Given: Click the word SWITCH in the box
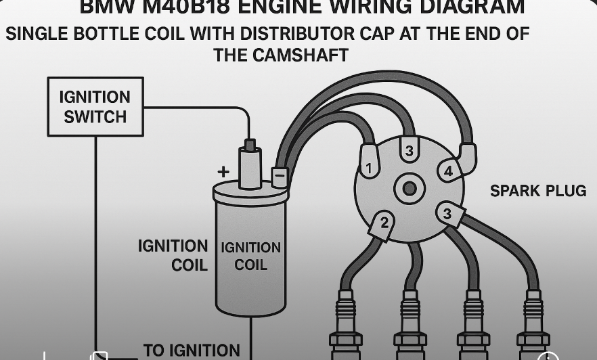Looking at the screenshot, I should [x=95, y=116].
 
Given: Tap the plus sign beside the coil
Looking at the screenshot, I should [x=223, y=173].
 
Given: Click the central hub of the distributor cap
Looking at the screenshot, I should [x=410, y=188].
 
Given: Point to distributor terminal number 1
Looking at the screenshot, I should [x=369, y=167].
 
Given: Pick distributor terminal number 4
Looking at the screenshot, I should [x=448, y=171].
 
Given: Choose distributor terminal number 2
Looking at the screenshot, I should [x=384, y=221].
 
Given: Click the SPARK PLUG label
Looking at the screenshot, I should [x=538, y=192].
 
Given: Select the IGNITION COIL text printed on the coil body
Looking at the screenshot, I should [x=250, y=256].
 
